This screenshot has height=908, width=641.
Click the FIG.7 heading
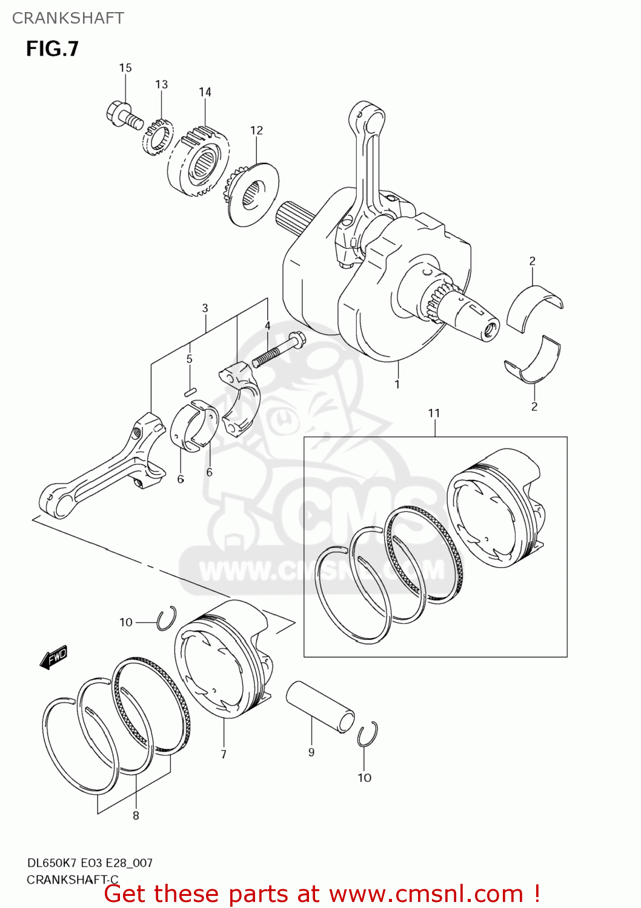pyautogui.click(x=52, y=48)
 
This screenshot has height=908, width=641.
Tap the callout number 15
pyautogui.click(x=125, y=68)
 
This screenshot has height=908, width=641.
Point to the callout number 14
pyautogui.click(x=205, y=92)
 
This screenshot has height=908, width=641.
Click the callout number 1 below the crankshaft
pyautogui.click(x=397, y=384)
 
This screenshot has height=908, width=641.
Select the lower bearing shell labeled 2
pyautogui.click(x=533, y=362)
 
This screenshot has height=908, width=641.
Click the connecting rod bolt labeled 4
pyautogui.click(x=279, y=350)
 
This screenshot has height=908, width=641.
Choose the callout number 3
pyautogui.click(x=205, y=308)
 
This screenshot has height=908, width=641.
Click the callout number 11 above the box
pyautogui.click(x=434, y=413)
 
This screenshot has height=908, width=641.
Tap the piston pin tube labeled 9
pyautogui.click(x=320, y=706)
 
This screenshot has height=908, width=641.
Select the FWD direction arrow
pyautogui.click(x=54, y=657)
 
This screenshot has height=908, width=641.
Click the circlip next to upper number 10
pyautogui.click(x=166, y=618)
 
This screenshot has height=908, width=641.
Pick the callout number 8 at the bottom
pyautogui.click(x=136, y=815)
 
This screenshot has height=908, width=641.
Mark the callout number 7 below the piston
pyautogui.click(x=224, y=754)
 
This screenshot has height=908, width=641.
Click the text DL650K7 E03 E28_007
pyautogui.click(x=90, y=863)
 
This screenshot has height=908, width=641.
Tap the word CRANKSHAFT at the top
pyautogui.click(x=68, y=18)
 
